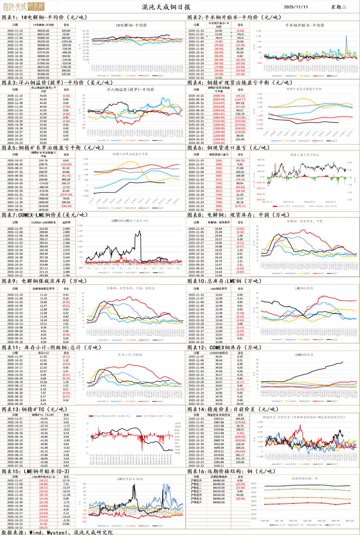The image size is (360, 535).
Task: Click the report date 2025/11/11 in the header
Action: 296,7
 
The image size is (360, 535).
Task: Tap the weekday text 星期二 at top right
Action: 338,7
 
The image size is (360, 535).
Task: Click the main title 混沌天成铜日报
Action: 166,7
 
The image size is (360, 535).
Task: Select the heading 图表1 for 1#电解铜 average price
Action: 44,17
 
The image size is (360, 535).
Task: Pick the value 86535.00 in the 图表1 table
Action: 43,31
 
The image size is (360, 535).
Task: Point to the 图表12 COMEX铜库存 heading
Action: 224,347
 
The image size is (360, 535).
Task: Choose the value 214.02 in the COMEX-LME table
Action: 43,229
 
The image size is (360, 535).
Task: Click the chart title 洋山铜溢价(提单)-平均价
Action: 130,90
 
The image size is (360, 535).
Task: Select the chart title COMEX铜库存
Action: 304,355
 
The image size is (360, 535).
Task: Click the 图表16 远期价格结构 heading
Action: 231,471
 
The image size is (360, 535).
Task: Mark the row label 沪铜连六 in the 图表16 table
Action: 196,502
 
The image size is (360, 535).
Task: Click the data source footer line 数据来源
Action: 57,532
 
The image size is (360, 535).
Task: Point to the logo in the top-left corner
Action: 23,7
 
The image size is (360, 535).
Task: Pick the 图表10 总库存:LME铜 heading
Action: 224,281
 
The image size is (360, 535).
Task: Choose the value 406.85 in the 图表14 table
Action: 240,419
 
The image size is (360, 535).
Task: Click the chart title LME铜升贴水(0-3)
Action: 130,479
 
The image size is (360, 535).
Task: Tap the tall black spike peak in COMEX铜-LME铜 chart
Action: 138,231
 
